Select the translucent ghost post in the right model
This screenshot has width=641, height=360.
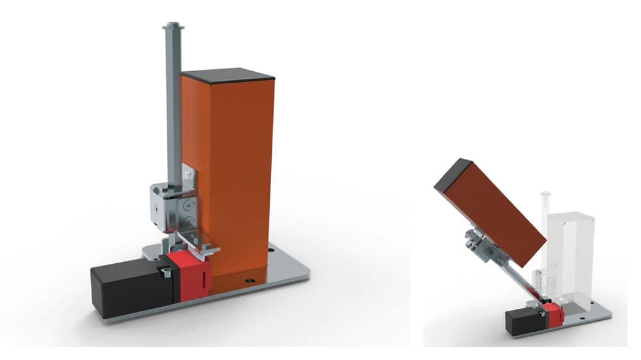pyautogui.click(x=574, y=250)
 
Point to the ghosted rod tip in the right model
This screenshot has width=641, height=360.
pyautogui.click(x=545, y=193)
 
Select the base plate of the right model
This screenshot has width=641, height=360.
pyautogui.click(x=587, y=314)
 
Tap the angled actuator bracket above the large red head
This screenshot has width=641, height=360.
pyautogui.click(x=196, y=245)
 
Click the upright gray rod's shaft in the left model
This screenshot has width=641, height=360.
pyautogui.click(x=171, y=115)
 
